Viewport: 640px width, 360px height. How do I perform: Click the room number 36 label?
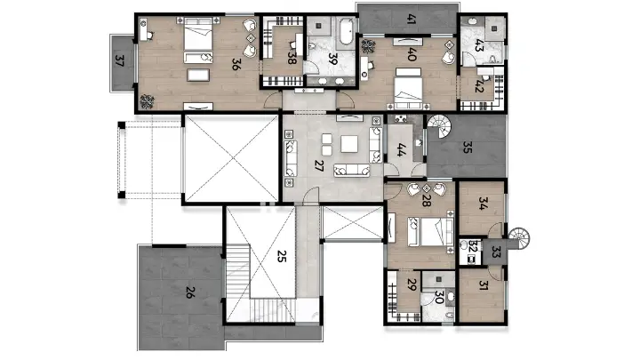pos(235,63)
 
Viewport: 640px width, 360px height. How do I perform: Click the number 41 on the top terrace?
pos(411,18)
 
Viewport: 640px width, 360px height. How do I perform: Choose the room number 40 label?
pos(412,53)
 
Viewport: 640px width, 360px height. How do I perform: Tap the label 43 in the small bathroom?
pos(479,44)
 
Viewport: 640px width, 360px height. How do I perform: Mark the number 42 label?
pos(479,86)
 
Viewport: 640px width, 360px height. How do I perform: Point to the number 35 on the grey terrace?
pos(468,148)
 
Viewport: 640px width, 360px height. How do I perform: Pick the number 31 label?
pos(484,285)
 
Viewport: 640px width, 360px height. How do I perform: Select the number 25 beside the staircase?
pos(281,258)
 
